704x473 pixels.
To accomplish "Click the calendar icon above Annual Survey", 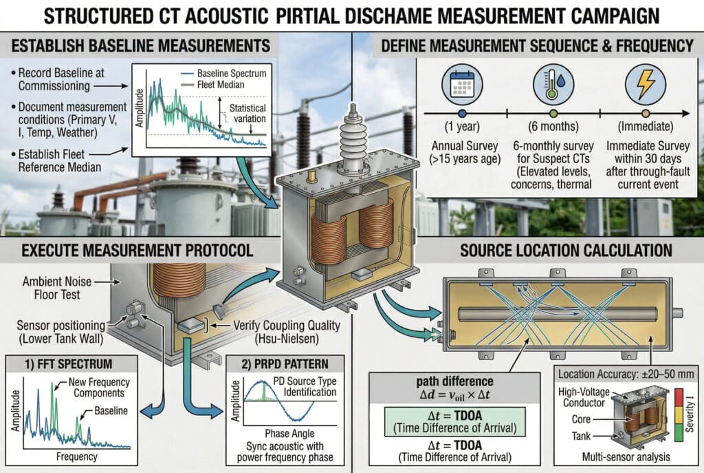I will point(462,83).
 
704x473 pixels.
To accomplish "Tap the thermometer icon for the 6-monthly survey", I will point(553,83).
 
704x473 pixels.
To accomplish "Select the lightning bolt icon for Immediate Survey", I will point(645,83).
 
